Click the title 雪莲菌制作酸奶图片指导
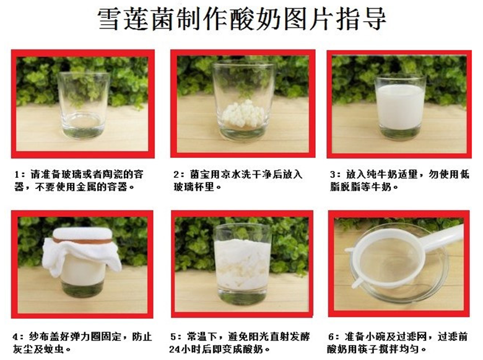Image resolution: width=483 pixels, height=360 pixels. pos(241,19)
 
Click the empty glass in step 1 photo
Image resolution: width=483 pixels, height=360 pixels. pos(84,105)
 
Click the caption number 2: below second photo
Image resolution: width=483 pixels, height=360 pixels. pos(177,174)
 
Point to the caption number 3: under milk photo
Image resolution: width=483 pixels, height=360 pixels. pos(334,174)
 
